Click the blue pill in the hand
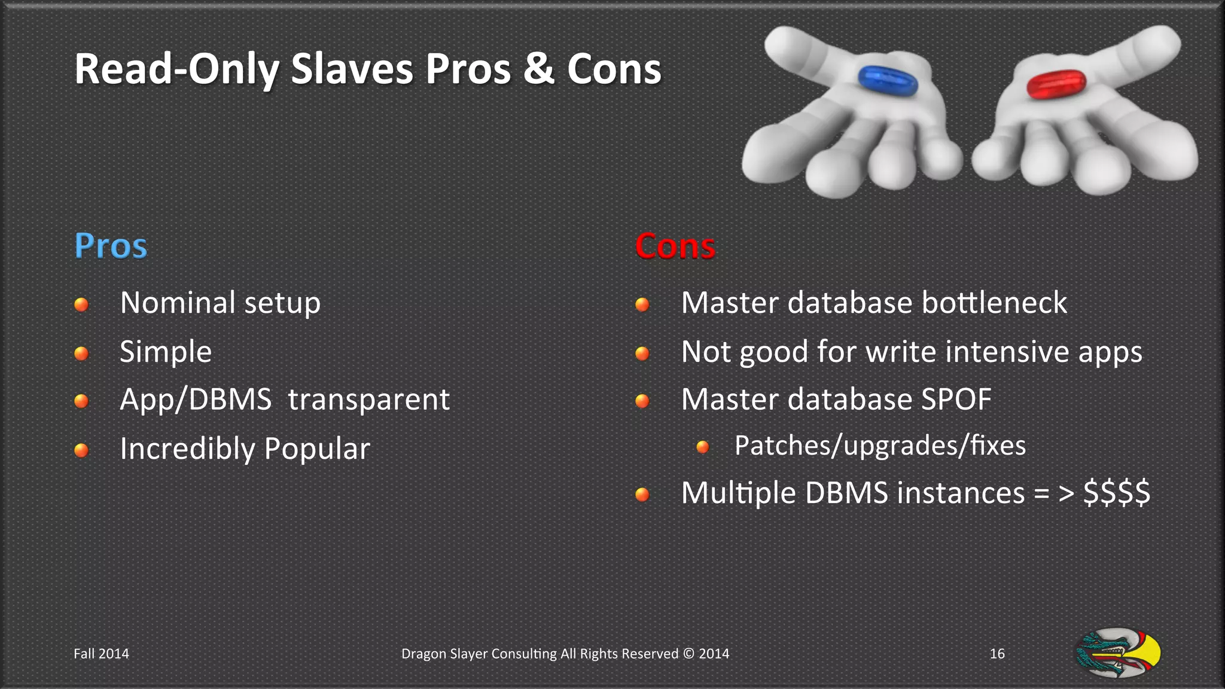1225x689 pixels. pos(888,81)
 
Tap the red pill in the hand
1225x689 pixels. pos(1056,84)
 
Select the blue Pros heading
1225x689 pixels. pos(111,246)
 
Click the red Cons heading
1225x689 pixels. pos(675,246)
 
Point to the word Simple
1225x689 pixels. pos(166,352)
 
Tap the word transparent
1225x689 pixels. pos(368,400)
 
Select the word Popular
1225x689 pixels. pos(317,449)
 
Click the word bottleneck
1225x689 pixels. pos(994,303)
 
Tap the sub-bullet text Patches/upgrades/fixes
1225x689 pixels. pos(880,446)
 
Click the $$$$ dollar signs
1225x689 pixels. pos(1116,493)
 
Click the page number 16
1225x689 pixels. pos(997,654)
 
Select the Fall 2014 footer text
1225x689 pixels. pos(101,654)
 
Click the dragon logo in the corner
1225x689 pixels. pos(1118,653)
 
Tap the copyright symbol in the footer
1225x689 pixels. pos(688,654)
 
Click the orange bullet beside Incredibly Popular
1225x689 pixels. pos(81,450)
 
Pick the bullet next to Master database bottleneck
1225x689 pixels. pos(642,304)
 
